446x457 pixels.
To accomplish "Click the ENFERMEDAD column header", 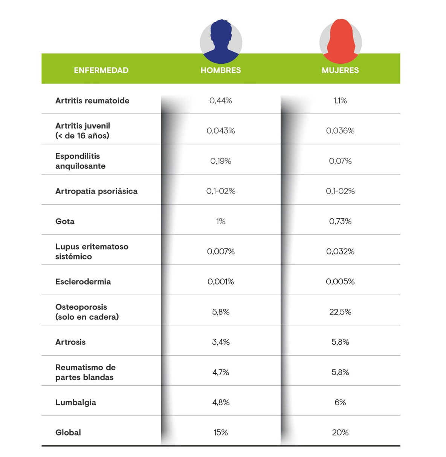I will [101, 70].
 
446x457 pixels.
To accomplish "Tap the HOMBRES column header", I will [221, 70].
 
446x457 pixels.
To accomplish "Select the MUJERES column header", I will [340, 70].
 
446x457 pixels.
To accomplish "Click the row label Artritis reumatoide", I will [92, 101].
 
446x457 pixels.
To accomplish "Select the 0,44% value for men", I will [221, 101].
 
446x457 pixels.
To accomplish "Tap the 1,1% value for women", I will [340, 101].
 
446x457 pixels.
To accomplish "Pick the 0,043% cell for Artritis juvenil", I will [221, 131].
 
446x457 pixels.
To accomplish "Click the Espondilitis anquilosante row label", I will [80, 161].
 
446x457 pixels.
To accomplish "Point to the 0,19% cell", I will [221, 161].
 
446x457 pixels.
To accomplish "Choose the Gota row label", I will [65, 221].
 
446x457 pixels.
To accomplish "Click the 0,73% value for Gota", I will [340, 221].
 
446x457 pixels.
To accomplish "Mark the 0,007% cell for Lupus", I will [221, 252].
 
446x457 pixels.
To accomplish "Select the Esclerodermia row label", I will [83, 282].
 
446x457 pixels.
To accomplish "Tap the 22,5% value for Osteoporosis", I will [340, 312].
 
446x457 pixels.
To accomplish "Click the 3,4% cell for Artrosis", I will [221, 342].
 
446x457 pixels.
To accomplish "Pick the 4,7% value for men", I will [221, 372].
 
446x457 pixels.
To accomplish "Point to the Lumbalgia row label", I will [76, 402].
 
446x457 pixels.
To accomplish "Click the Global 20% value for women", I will [340, 432].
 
